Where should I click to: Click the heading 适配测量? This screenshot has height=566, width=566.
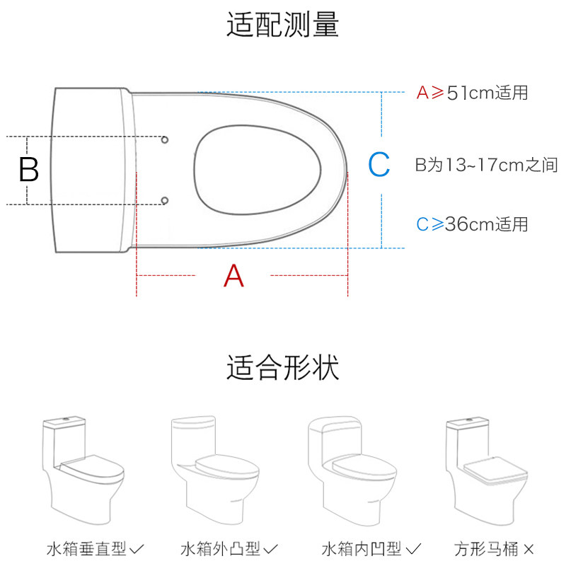coord(282,24)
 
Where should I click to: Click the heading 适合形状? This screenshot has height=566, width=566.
coord(282,368)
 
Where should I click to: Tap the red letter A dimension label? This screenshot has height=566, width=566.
coord(233,275)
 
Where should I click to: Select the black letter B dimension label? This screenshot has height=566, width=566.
coord(28,171)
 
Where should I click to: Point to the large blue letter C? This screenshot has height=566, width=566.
coord(379,165)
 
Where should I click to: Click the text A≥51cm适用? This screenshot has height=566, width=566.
coord(472,93)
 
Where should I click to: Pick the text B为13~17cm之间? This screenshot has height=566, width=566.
coord(486,166)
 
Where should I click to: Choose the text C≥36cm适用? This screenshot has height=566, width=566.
coord(472,224)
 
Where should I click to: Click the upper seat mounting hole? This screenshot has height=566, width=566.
coord(165,139)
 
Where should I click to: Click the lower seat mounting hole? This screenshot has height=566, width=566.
coord(165,201)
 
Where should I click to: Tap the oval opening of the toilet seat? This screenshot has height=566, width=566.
coord(258,170)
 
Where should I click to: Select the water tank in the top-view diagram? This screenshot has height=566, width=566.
coord(92,170)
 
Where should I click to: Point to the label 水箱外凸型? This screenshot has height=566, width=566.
coord(221,548)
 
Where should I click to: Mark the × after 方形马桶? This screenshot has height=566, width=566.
coord(529,548)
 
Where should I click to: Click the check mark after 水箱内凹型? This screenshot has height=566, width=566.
coord(415,548)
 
